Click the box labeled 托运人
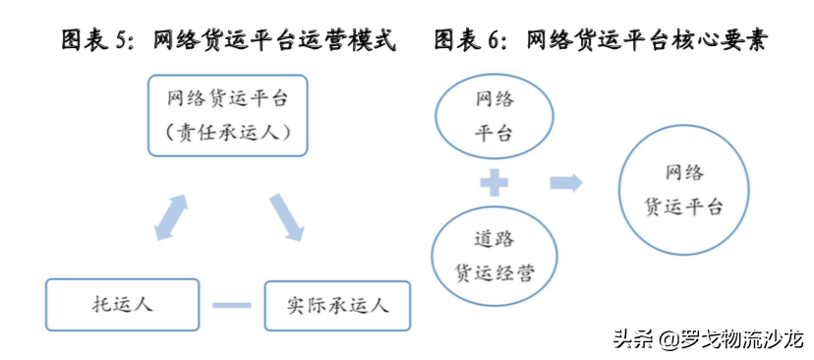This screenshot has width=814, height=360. point(122,305)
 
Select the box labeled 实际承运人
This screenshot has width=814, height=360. point(336,305)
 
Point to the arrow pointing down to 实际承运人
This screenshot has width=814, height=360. point(286,216)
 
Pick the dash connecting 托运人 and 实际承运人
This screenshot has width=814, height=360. point(232,306)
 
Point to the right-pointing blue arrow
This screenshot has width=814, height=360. point(565,182)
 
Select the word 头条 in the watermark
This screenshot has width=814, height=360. point(636,340)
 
